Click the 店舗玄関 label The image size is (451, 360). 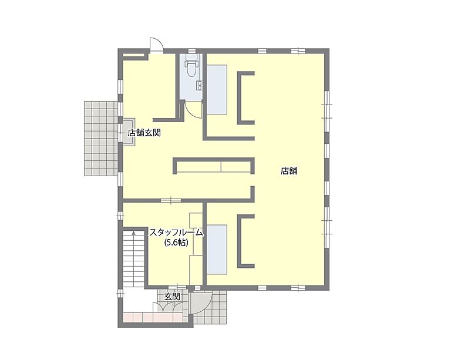tap(144, 133)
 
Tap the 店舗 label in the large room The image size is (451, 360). tap(289, 171)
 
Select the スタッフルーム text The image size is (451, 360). tap(176, 233)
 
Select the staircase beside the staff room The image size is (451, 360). tap(134, 258)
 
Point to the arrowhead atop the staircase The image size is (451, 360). tap(134, 233)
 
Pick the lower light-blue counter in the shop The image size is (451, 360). tap(217, 248)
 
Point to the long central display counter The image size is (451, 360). tap(213, 167)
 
